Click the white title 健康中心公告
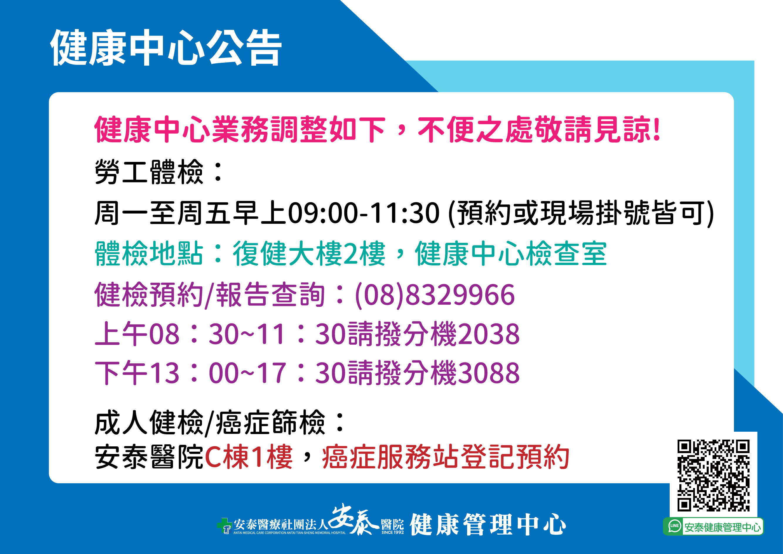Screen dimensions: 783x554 pyautogui.click(x=166, y=48)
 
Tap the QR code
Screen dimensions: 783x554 pyautogui.click(x=713, y=475)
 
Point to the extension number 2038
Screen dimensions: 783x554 pyautogui.click(x=489, y=334)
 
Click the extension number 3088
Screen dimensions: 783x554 pyautogui.click(x=489, y=373)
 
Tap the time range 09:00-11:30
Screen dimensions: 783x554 pyautogui.click(x=364, y=213)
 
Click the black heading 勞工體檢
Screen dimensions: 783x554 pyautogui.click(x=149, y=172)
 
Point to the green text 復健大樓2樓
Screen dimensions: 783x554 pyautogui.click(x=309, y=253)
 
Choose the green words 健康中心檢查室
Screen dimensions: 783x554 pyautogui.click(x=511, y=253)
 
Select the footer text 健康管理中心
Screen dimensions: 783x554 pyautogui.click(x=488, y=524)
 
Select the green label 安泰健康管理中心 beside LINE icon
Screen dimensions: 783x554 pyautogui.click(x=723, y=527)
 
